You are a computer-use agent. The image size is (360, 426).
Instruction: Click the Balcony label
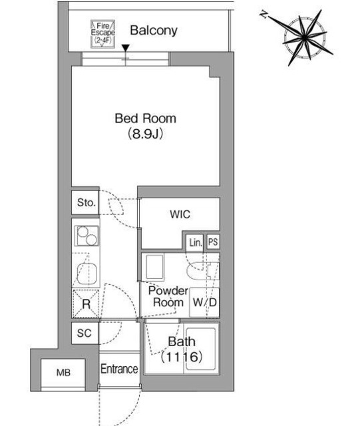(154, 31)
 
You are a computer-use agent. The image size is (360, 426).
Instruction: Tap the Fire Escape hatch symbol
(102, 34)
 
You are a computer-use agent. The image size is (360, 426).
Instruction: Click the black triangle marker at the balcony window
(125, 48)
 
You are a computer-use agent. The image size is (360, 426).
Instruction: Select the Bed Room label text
(145, 118)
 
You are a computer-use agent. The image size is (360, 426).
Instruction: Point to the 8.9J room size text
(145, 134)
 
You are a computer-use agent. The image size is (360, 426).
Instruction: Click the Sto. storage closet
(85, 202)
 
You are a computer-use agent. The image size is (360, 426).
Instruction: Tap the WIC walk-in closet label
(180, 214)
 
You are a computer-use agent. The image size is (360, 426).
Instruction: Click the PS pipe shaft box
(213, 242)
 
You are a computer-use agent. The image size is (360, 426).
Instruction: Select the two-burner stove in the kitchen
(87, 236)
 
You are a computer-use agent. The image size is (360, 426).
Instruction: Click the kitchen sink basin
(87, 274)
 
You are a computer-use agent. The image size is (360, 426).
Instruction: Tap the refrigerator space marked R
(86, 304)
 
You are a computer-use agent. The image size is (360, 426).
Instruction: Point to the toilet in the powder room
(203, 271)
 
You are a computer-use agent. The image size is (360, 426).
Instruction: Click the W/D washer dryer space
(204, 302)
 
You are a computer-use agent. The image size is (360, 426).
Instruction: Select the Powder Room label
(168, 296)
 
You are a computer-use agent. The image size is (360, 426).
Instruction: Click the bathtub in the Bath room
(201, 349)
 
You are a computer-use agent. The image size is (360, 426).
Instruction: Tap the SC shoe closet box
(85, 333)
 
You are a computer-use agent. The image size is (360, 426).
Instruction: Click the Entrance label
(119, 369)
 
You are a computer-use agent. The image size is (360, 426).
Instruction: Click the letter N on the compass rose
(263, 13)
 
